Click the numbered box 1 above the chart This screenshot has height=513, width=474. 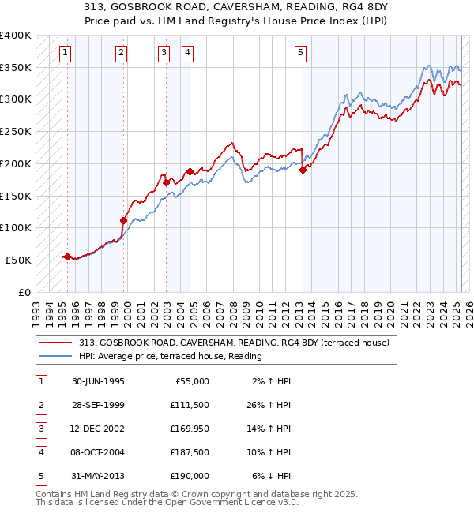tap(64, 53)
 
